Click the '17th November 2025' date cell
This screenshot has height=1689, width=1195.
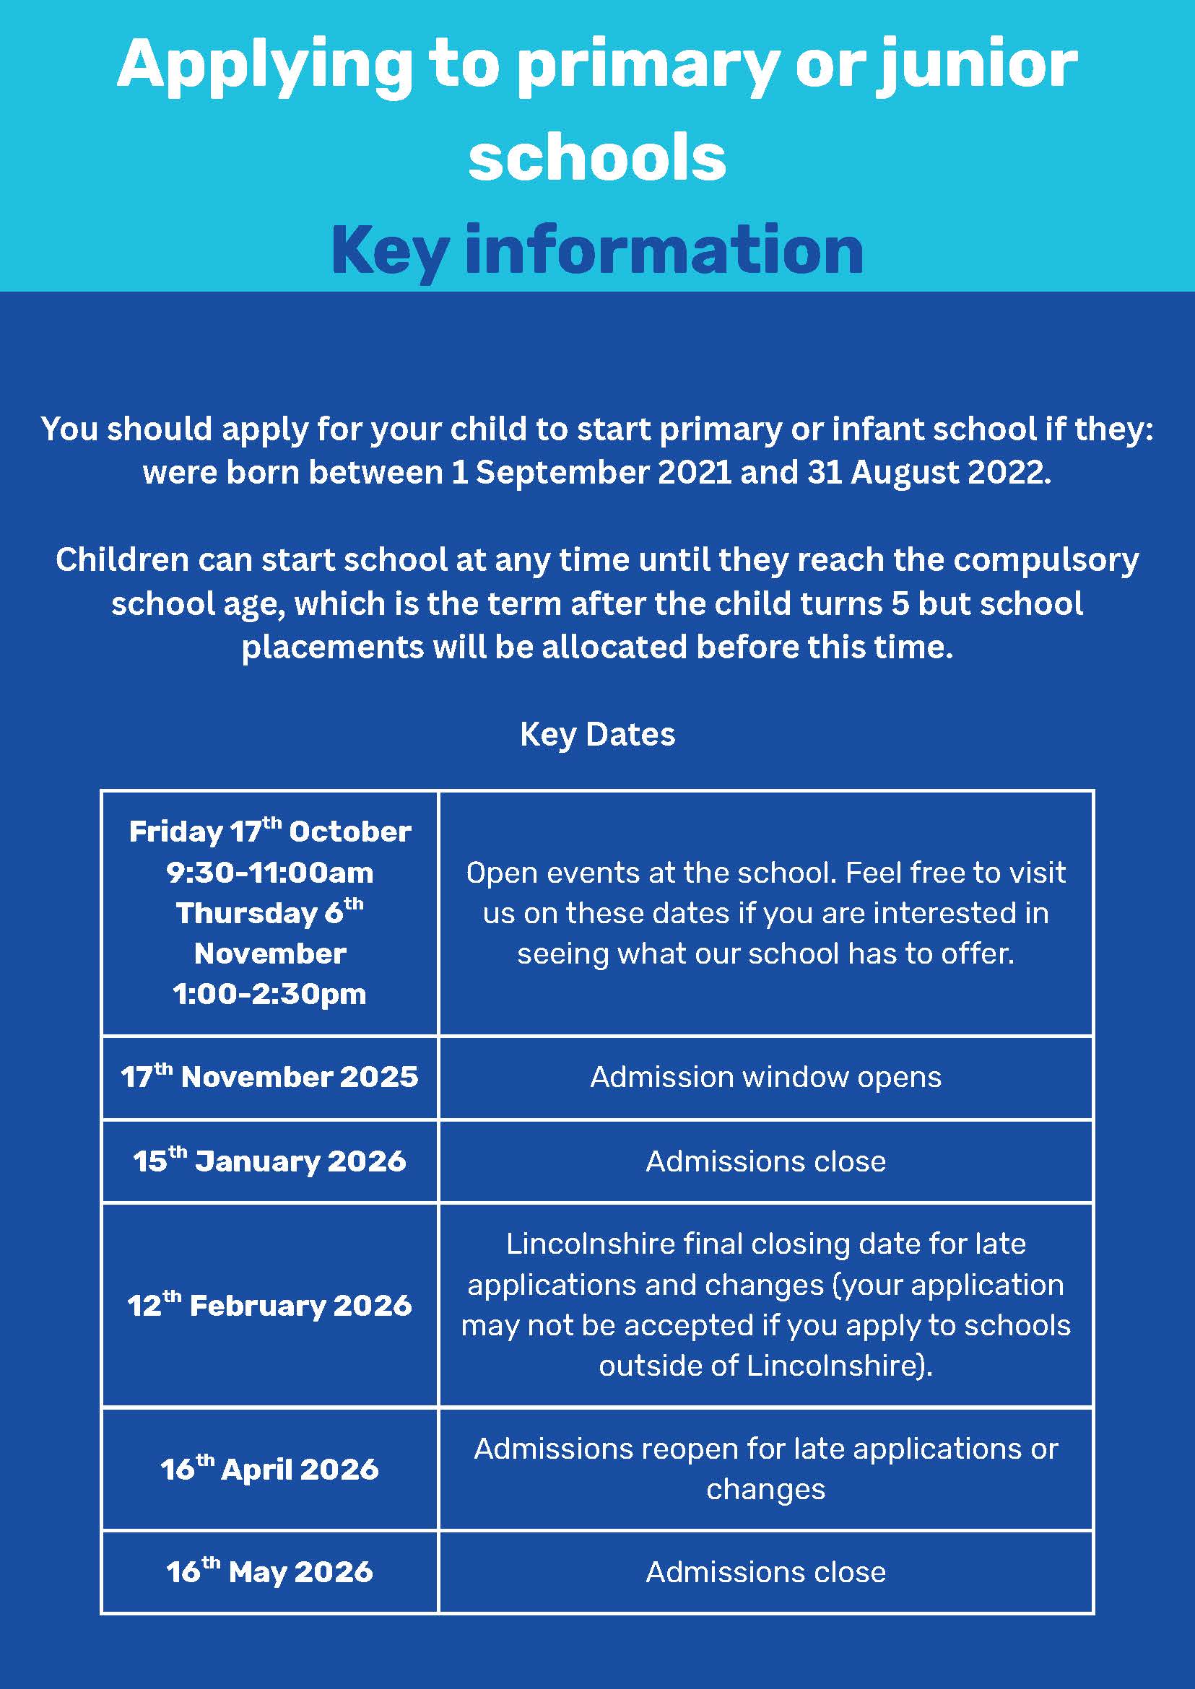(269, 1077)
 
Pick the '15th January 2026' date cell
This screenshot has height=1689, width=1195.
(269, 1161)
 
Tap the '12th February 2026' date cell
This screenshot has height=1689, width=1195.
(269, 1306)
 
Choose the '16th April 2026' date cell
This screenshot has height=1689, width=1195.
(269, 1469)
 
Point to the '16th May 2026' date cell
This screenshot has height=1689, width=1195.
(269, 1572)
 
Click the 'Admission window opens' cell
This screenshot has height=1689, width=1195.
(765, 1077)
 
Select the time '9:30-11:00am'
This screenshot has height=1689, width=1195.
(269, 873)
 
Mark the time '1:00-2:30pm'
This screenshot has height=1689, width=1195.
(269, 995)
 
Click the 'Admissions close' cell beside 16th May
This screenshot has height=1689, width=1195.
(765, 1572)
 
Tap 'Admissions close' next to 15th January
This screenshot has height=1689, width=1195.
(765, 1161)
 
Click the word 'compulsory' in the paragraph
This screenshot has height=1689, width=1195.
(1046, 561)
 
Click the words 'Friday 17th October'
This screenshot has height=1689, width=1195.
(269, 832)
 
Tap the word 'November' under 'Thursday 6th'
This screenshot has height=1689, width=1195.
(269, 954)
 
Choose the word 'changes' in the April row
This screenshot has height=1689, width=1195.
(765, 1490)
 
